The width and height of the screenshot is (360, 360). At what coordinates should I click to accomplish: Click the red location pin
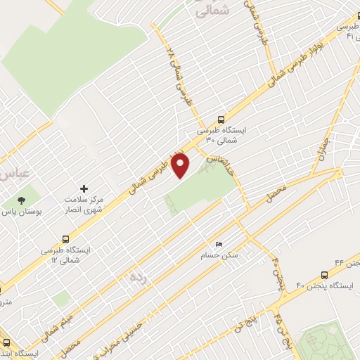pos(181,166)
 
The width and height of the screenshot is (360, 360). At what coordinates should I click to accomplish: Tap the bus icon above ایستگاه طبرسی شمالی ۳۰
pos(222,119)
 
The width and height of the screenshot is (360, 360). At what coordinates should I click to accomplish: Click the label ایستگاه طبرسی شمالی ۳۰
pos(217,135)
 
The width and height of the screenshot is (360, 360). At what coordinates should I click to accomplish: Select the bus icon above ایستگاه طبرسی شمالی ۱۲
pos(66,238)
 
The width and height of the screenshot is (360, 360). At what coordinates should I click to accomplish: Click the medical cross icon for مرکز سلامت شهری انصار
pos(85,189)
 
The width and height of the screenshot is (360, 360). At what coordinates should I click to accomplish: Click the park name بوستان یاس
pos(22,211)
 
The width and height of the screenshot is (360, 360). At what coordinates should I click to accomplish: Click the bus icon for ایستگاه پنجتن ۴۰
pos(324,275)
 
